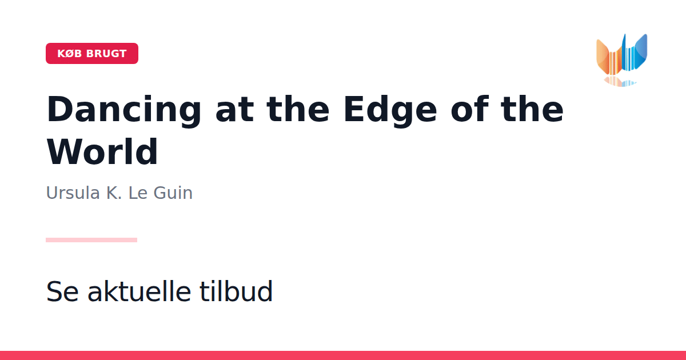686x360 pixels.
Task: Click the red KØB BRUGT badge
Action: [92, 53]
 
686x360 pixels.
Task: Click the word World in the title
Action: [102, 152]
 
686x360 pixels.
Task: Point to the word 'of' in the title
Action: [470, 109]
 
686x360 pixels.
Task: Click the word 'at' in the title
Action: [234, 110]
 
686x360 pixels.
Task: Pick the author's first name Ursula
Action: [73, 193]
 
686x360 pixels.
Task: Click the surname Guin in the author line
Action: [173, 193]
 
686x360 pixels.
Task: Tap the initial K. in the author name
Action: [114, 193]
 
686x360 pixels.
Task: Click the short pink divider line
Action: [91, 240]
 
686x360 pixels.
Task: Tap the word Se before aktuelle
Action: [62, 291]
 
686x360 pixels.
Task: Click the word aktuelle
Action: [139, 290]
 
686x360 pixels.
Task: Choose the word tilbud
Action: [236, 290]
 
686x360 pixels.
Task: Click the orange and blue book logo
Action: [622, 55]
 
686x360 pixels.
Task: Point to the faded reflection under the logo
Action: [620, 82]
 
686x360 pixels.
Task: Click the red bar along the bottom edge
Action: [343, 355]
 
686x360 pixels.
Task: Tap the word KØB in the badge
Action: [70, 54]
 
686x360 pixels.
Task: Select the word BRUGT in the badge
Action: [106, 54]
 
